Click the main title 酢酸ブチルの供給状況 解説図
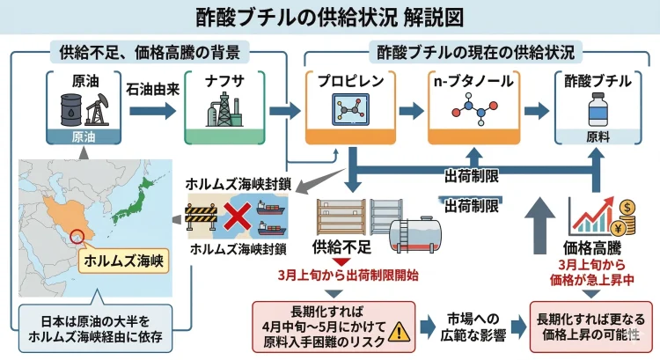tap(330, 18)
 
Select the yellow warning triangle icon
tap(399, 330)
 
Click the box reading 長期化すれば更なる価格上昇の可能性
tap(590, 325)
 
